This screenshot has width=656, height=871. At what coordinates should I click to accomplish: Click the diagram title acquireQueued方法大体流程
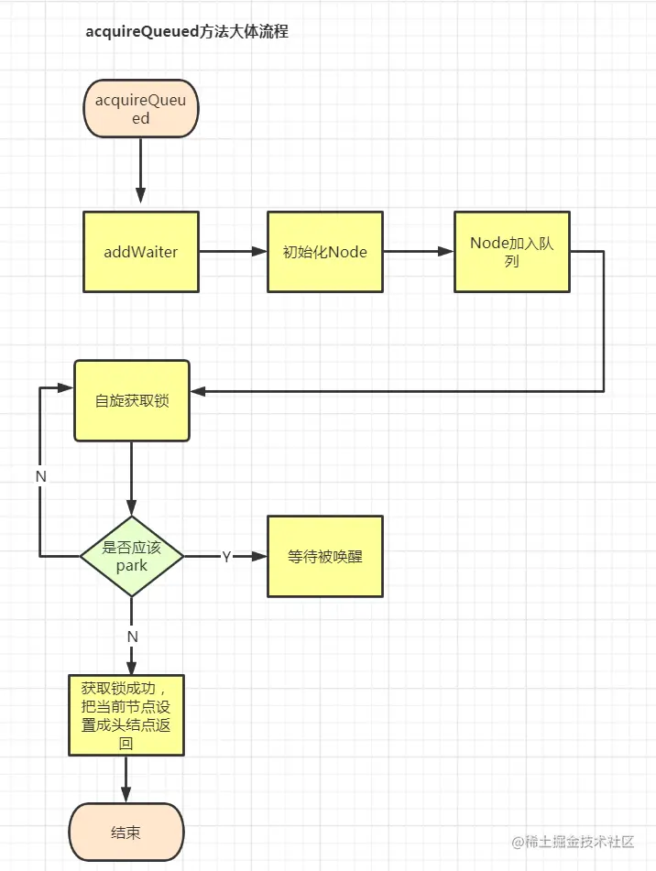pos(187,31)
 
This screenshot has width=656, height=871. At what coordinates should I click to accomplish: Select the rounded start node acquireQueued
pos(140,109)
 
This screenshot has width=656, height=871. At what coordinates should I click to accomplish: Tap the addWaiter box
pos(140,252)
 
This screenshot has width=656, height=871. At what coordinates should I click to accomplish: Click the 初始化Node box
pos(324,252)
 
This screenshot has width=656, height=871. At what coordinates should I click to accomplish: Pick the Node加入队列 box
pos(511,252)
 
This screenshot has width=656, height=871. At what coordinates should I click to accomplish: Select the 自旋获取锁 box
pos(132,401)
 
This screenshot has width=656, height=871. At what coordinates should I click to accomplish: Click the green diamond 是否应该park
pos(132,557)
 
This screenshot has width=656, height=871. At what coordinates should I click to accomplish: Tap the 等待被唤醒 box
pos(324,556)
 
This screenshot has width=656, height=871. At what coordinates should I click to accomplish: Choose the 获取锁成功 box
pos(126,715)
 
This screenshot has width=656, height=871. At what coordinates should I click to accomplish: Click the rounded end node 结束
pos(126,833)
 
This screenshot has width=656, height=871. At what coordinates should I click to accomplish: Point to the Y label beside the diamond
pos(225,557)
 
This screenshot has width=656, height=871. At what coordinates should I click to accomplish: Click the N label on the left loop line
pos(40,476)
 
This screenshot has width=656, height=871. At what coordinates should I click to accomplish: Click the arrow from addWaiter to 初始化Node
pos(233,251)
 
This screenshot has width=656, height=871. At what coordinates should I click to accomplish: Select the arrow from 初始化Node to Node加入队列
pos(418,251)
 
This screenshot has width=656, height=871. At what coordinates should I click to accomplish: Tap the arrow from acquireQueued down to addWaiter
pos(140,174)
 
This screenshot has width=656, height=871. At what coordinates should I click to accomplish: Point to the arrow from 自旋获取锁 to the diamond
pos(132,481)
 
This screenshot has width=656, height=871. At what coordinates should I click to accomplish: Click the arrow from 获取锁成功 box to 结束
pos(126,779)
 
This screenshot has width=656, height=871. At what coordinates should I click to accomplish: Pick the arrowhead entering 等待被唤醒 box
pos(258,557)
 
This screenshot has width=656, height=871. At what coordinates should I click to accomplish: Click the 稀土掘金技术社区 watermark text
pos(579,841)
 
